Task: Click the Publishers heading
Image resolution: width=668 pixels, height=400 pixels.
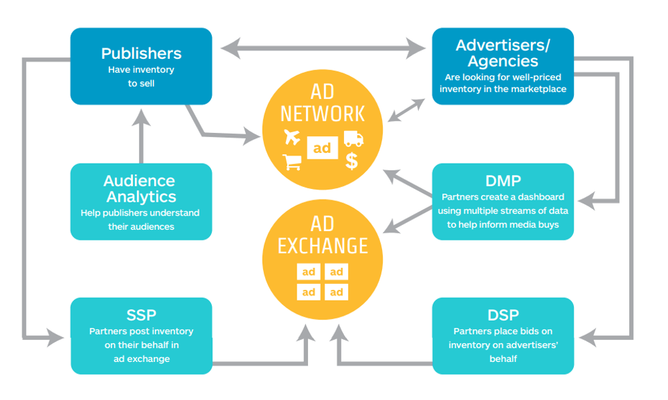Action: [x=142, y=53]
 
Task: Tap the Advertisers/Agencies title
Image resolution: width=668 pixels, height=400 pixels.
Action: [x=503, y=53]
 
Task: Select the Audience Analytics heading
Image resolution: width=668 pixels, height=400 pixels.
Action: [x=140, y=189]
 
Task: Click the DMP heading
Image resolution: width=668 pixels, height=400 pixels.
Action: [x=503, y=181]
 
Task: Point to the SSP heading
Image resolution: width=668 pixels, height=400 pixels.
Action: [x=142, y=315]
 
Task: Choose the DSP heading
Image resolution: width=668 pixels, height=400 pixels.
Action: [x=503, y=315]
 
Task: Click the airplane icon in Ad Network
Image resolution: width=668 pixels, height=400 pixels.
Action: [x=292, y=137]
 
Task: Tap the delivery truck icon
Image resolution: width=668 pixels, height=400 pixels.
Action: [x=353, y=138]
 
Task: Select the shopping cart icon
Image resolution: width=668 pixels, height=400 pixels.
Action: [x=293, y=162]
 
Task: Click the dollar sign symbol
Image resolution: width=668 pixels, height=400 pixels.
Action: [x=351, y=161]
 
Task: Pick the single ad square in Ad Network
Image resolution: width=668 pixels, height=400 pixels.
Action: [x=323, y=148]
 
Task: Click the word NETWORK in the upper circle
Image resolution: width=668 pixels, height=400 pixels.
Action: [x=323, y=114]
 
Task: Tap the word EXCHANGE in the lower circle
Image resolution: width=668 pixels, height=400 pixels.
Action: [x=323, y=246]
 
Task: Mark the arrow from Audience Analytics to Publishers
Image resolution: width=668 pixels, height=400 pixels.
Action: [x=141, y=136]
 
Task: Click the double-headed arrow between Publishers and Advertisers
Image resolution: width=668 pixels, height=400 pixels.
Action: [x=323, y=48]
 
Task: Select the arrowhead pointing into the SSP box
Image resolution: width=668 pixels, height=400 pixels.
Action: [x=55, y=338]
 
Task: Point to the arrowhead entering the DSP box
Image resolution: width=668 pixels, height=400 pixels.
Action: [x=589, y=338]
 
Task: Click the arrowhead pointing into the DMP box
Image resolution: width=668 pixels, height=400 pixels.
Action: [x=587, y=200]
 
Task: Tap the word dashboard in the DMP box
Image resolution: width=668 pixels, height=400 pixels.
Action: [x=541, y=197]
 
